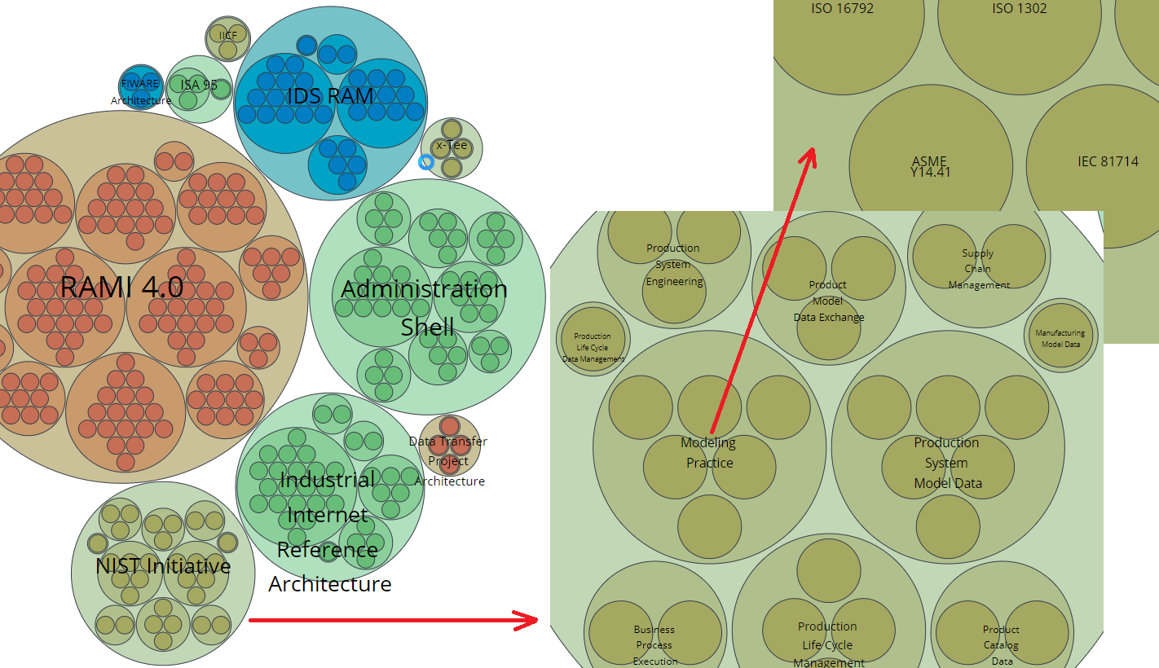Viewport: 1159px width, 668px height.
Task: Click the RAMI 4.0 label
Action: pos(121,288)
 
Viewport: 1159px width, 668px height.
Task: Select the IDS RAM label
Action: pos(330,96)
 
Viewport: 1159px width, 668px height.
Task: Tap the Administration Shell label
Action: pos(425,307)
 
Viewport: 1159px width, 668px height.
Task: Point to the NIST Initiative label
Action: pos(163,566)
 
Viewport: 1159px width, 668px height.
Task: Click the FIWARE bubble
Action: pos(141,86)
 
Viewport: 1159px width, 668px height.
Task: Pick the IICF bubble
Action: pos(228,37)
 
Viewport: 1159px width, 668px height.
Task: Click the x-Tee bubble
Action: pos(452,147)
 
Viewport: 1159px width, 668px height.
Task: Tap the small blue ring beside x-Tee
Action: pos(425,162)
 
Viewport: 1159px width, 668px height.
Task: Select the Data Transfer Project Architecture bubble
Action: pos(449,446)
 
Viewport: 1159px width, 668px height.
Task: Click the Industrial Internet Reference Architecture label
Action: pos(329,531)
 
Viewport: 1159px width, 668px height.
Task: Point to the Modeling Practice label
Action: pos(708,453)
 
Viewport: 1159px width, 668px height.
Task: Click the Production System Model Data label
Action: pos(947,463)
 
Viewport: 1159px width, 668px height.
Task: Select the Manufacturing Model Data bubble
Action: pos(1060,335)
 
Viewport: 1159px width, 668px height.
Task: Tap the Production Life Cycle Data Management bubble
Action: pos(593,340)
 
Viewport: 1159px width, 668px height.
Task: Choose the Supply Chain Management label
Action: pos(978,269)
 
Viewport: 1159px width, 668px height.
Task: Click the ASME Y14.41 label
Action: pos(930,167)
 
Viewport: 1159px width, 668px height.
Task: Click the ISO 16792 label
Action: pos(843,9)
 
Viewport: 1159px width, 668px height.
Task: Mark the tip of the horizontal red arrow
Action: pos(537,621)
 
